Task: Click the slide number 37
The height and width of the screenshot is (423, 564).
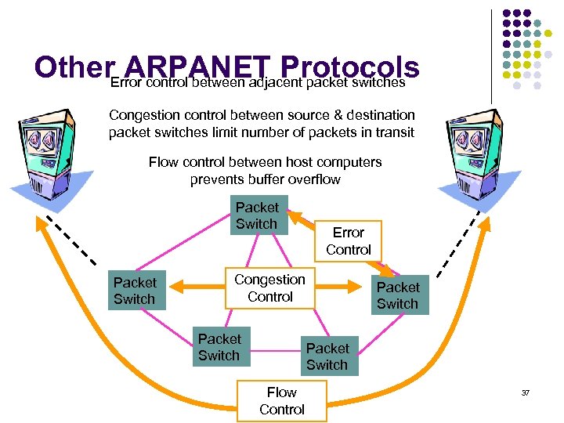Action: tap(526, 392)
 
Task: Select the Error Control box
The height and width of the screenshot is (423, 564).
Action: tap(349, 241)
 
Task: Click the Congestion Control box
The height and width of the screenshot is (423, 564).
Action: tap(269, 288)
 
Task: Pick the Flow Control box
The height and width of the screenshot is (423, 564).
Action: tap(281, 401)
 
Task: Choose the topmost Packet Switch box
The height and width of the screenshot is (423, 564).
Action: tap(257, 215)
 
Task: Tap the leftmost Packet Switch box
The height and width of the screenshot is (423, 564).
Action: tap(135, 291)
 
